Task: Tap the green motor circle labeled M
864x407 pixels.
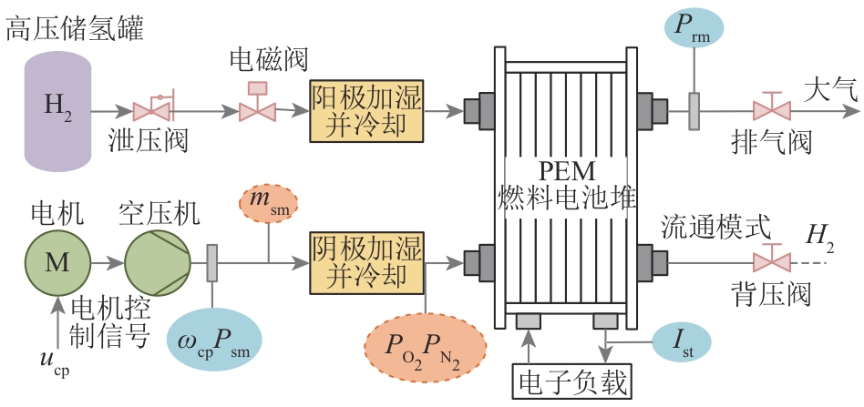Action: click(57, 262)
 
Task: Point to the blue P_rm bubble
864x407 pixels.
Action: click(694, 28)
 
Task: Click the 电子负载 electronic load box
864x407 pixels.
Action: click(571, 382)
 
